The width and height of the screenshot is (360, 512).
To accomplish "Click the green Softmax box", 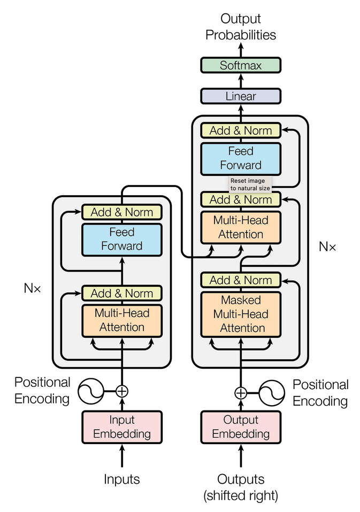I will coord(241,66).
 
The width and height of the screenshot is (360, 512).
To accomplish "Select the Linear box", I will coord(241,97).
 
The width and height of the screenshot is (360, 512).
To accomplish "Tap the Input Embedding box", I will coord(121,426).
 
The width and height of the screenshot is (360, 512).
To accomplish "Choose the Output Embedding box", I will coord(241,426).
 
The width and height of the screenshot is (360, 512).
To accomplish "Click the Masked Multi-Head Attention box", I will coord(241,314).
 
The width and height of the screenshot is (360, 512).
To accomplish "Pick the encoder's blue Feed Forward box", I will coord(121,239).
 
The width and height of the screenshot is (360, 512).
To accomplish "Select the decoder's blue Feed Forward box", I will coord(241,158).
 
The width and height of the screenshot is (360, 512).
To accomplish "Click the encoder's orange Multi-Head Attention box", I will coord(121,320).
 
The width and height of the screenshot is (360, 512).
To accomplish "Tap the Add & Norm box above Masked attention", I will coord(241,280).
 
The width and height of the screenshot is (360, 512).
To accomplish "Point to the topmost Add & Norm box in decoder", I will coord(241,130).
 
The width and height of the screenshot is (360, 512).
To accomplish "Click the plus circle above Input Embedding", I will coord(122,391).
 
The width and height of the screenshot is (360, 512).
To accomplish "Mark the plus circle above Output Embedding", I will coord(241,393).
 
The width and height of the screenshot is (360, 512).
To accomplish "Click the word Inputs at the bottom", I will coord(121,479).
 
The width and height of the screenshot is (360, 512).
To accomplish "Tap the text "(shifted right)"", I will coord(241,495).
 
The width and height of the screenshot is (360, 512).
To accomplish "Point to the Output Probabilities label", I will coord(241,27).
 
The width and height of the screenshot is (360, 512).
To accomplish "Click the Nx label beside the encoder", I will coord(32,288).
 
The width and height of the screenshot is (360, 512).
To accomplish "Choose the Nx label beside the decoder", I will coord(327,246).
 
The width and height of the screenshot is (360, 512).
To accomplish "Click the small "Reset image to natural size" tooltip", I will coord(250,184).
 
